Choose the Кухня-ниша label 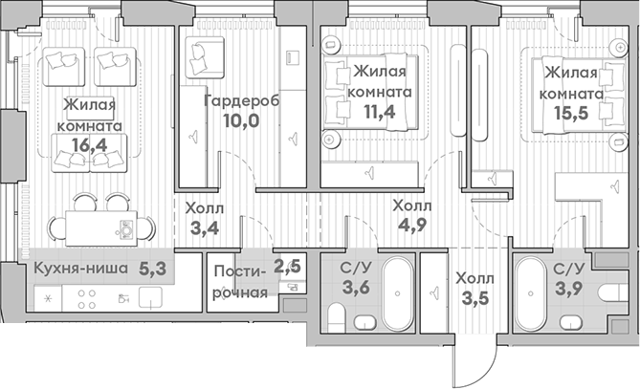(80, 269)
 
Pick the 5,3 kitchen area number (152, 269)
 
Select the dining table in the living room (105, 227)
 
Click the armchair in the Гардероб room (203, 54)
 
